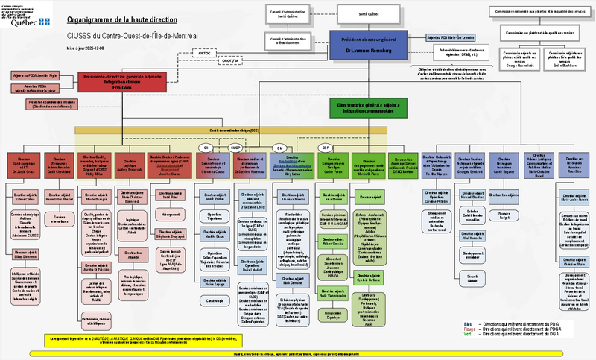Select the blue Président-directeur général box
[x=370, y=45]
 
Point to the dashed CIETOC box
[x=205, y=54]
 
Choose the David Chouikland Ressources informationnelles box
[x=60, y=165]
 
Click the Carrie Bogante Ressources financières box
[x=504, y=164]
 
